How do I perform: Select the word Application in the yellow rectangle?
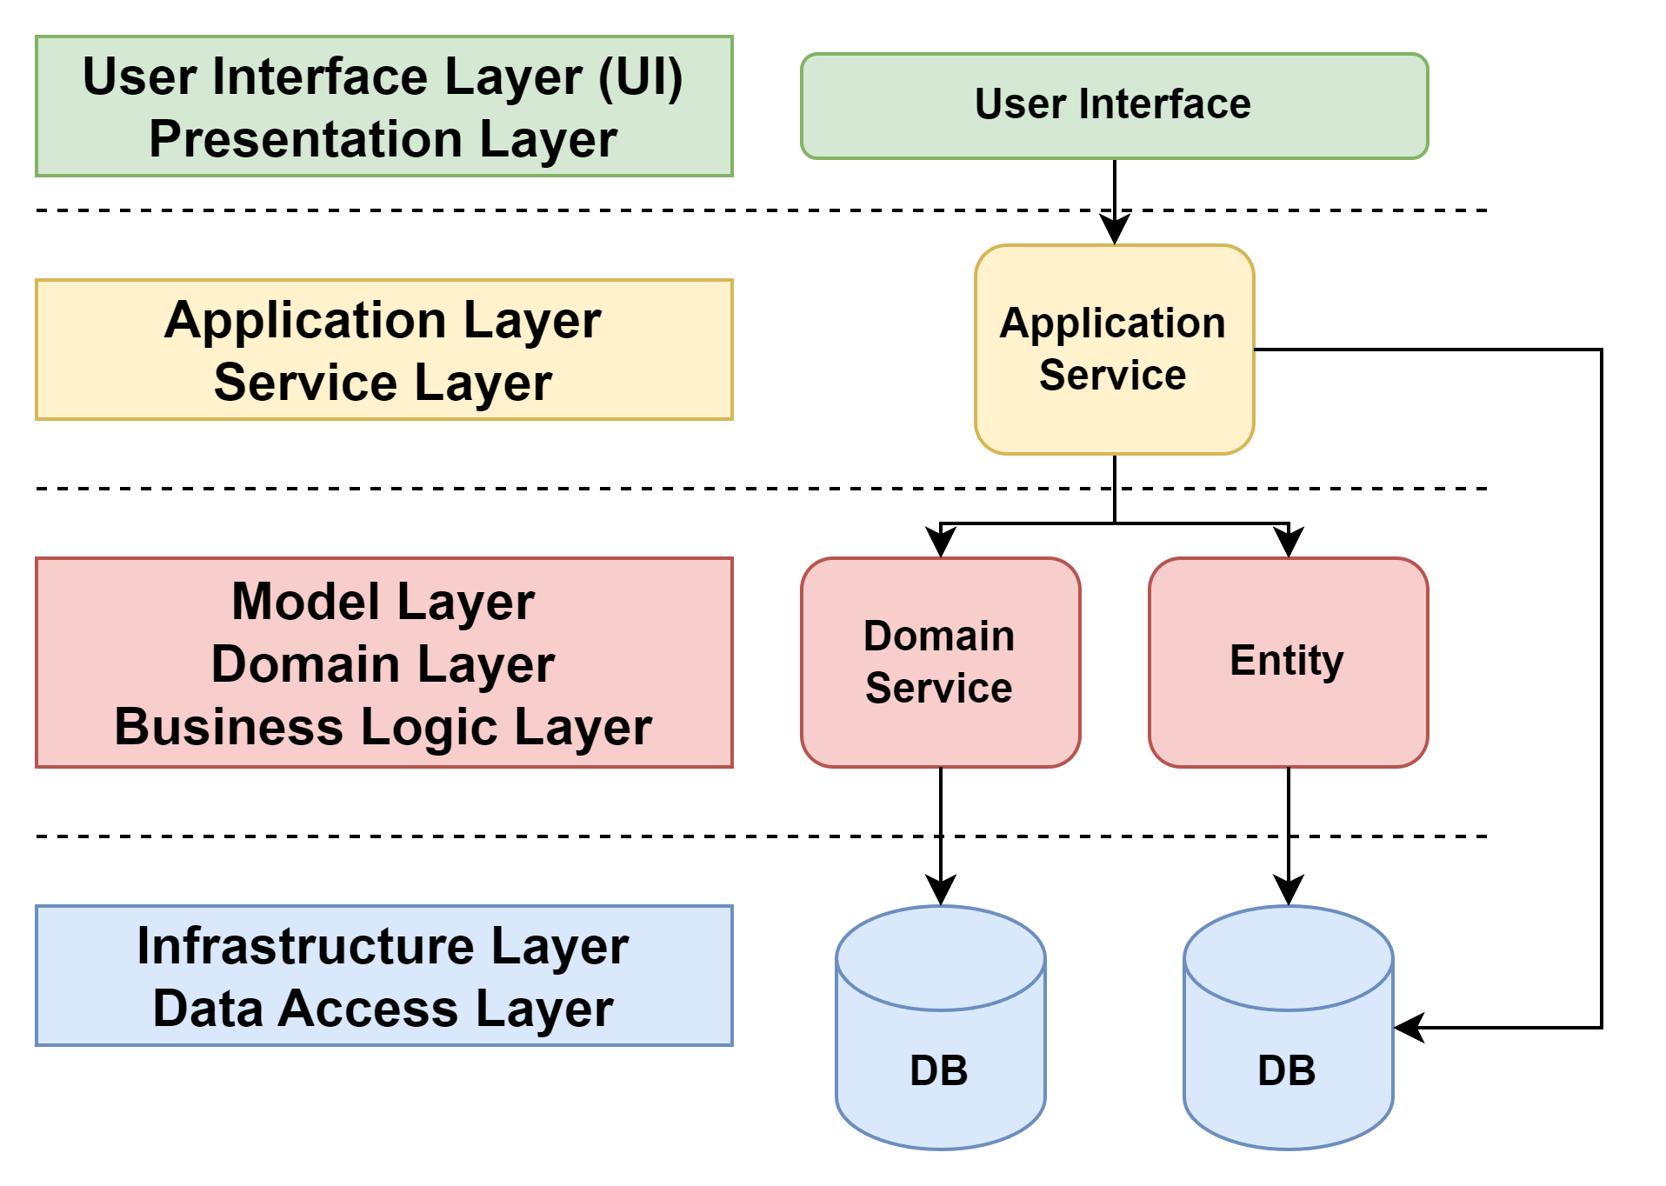click(x=306, y=320)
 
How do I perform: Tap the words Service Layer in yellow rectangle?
click(x=383, y=383)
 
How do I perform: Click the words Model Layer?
click(x=383, y=602)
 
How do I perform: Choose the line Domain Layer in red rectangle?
click(x=383, y=664)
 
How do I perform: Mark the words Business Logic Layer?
click(x=383, y=727)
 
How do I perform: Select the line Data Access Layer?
click(x=383, y=1009)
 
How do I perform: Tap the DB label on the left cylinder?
click(x=939, y=1070)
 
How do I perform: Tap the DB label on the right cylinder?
click(x=1287, y=1070)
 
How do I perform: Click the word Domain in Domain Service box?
click(x=939, y=636)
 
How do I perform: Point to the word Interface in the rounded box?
click(x=1165, y=104)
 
